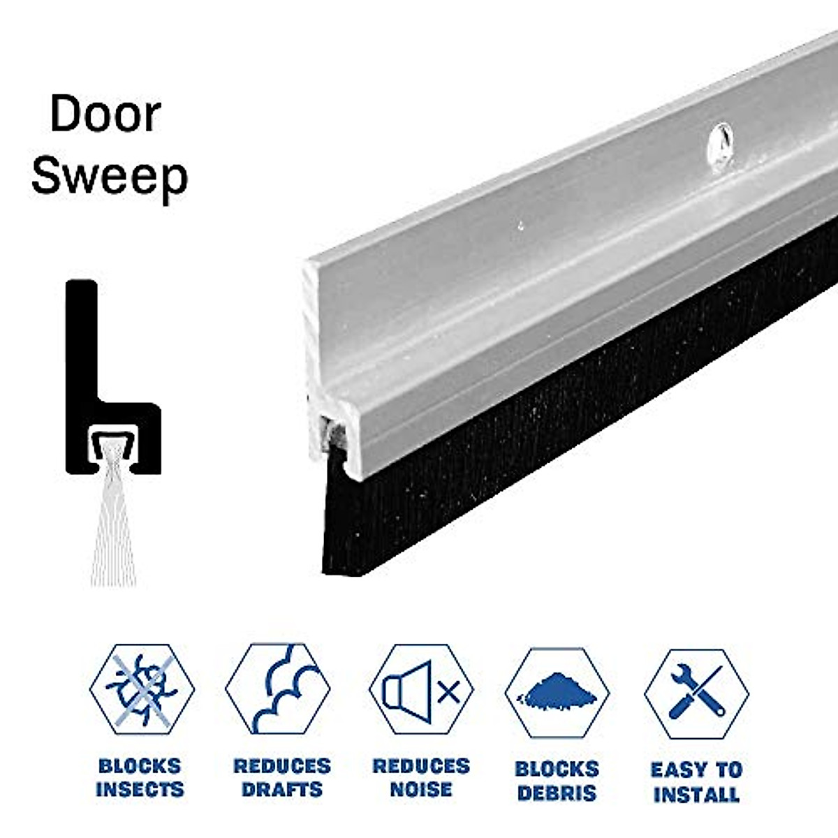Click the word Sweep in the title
pos(110,176)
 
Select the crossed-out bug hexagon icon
pos(142,688)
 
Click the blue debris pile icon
pos(557,691)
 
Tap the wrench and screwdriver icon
pos(696,691)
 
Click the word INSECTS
pos(140,790)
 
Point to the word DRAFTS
pos(281,790)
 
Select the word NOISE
pos(421,790)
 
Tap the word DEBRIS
pos(557,793)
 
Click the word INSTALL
pos(696,794)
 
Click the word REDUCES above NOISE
pos(421,766)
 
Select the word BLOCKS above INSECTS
pos(140,766)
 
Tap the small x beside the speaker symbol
pos(449,692)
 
